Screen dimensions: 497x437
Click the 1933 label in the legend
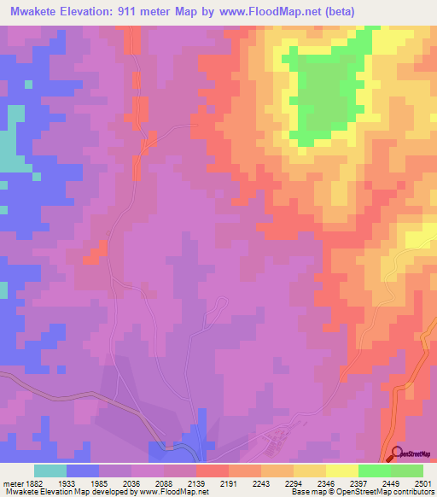tap(66, 482)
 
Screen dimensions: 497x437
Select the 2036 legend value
tap(131, 482)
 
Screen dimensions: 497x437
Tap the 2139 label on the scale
tap(196, 482)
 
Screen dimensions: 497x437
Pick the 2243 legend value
tap(261, 482)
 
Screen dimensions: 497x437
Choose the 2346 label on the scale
tap(326, 482)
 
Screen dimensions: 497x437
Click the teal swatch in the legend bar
tap(50, 471)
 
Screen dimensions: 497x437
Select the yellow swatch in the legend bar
tap(341, 471)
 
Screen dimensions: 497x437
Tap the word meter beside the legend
tap(11, 482)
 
